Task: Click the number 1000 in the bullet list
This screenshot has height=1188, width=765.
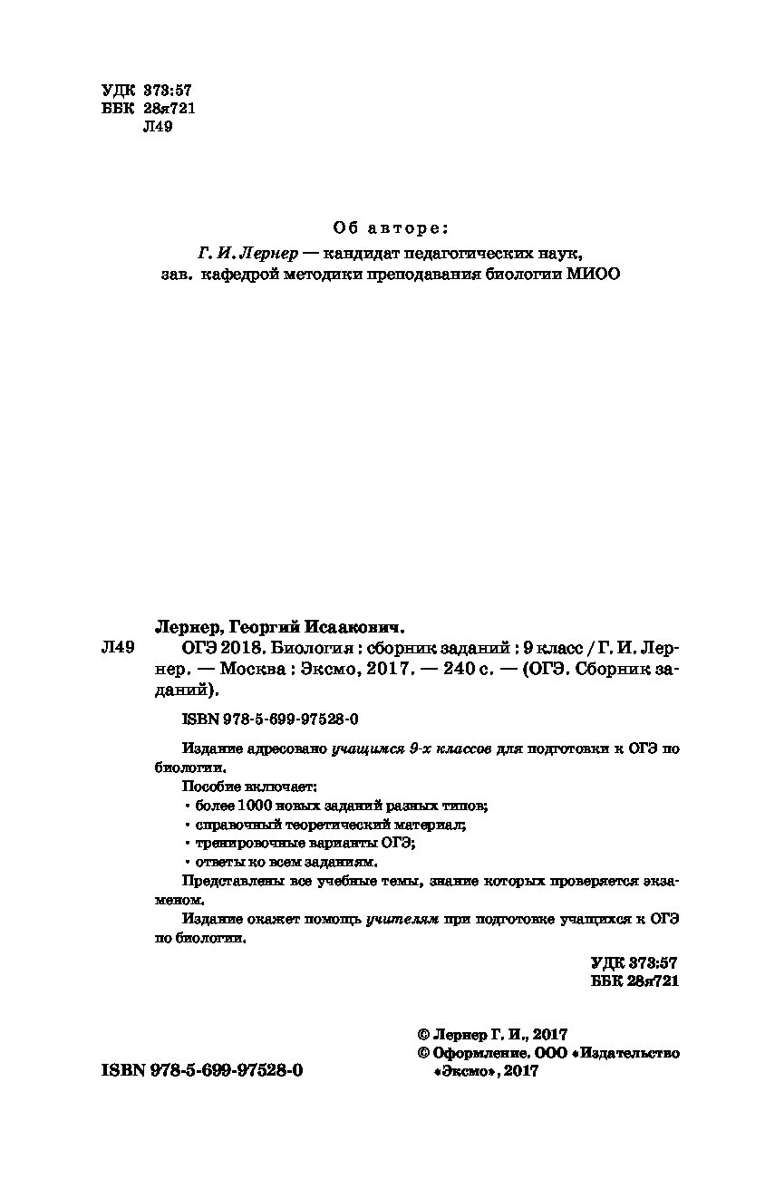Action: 256,805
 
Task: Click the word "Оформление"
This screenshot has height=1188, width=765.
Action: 477,1053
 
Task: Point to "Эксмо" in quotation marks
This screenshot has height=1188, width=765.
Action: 466,1071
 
